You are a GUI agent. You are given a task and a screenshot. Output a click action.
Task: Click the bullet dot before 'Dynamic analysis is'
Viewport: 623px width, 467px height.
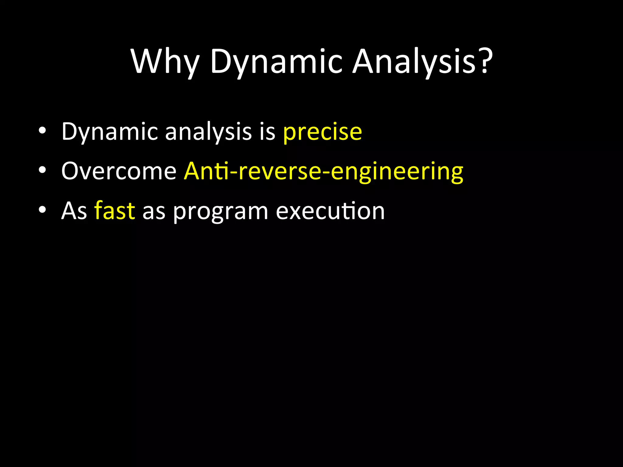pos(42,131)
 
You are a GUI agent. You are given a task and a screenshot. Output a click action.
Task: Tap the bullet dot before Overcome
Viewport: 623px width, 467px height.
pos(42,170)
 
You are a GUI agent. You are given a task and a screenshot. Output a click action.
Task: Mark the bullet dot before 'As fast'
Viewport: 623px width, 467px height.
pos(42,210)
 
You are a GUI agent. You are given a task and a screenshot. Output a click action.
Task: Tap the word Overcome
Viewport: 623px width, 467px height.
pos(119,171)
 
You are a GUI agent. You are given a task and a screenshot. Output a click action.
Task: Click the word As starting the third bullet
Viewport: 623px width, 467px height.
pos(74,211)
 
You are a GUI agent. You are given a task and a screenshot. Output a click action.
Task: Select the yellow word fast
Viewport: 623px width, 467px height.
pos(115,211)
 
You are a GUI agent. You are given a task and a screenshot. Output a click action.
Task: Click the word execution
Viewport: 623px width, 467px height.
pos(330,211)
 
